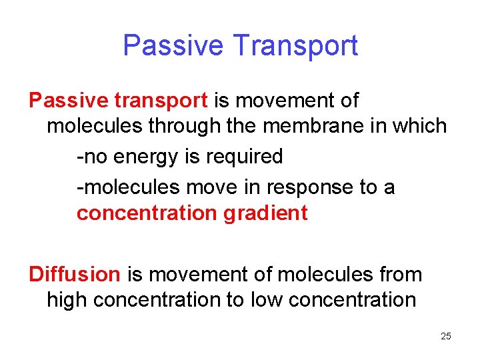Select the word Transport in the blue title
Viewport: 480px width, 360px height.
(x=296, y=46)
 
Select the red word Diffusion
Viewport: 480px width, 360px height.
(x=74, y=274)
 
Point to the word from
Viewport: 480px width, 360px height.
(x=401, y=274)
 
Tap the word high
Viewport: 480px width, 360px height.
(x=67, y=300)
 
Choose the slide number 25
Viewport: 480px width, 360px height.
(x=446, y=336)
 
